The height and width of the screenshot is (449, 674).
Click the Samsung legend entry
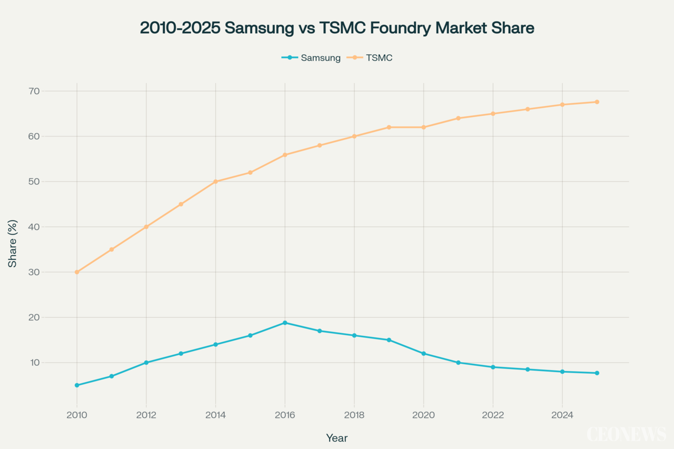312,58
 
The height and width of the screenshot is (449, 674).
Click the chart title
337,28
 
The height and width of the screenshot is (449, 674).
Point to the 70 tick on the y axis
34,91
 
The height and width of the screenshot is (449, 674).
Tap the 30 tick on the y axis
34,272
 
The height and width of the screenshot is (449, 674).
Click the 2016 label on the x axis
285,415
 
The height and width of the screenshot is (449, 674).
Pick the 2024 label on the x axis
562,415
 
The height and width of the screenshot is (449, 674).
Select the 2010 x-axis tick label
77,415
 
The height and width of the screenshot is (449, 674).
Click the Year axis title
337,438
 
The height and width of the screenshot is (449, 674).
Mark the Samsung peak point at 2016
285,323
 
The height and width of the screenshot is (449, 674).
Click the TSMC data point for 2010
77,272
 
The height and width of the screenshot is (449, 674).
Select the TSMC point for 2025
597,102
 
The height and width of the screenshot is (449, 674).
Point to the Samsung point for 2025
597,373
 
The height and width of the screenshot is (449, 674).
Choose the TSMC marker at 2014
215,182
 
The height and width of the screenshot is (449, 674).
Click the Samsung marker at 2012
146,363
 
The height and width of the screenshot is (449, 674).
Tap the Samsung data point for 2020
424,354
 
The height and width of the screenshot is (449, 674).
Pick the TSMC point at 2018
354,136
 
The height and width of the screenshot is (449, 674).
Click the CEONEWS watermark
626,434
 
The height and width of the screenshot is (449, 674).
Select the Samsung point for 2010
77,385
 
